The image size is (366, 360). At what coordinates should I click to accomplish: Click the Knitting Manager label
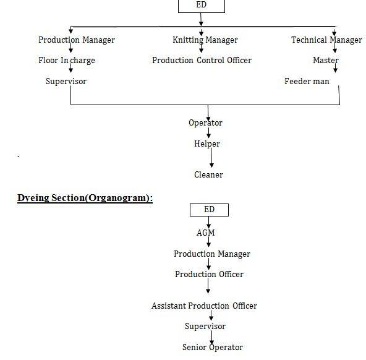205,40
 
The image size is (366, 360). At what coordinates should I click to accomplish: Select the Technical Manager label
327,40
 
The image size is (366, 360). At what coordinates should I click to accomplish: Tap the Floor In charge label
67,61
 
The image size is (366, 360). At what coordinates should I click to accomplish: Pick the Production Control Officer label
202,60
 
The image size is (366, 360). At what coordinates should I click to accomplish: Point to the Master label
326,60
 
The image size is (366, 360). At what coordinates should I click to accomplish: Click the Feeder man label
307,81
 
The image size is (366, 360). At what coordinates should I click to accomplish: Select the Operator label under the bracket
205,123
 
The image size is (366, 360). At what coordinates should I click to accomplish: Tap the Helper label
207,144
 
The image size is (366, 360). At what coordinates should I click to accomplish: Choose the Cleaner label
208,174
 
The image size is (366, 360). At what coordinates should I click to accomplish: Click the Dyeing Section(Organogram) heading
85,198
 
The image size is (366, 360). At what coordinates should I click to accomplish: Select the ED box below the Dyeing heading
209,210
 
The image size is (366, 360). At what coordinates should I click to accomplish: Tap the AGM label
205,233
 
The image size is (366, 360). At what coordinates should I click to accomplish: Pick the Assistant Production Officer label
204,306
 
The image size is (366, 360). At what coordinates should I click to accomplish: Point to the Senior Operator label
213,348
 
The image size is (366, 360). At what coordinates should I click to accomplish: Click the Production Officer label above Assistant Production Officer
209,274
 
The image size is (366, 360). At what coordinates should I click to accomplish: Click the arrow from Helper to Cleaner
211,158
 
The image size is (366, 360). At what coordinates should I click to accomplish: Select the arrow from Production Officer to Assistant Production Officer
208,286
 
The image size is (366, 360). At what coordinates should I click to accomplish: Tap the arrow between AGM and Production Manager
209,242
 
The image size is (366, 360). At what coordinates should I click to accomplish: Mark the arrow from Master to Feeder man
336,67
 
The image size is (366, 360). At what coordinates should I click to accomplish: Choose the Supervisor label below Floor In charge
66,82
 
